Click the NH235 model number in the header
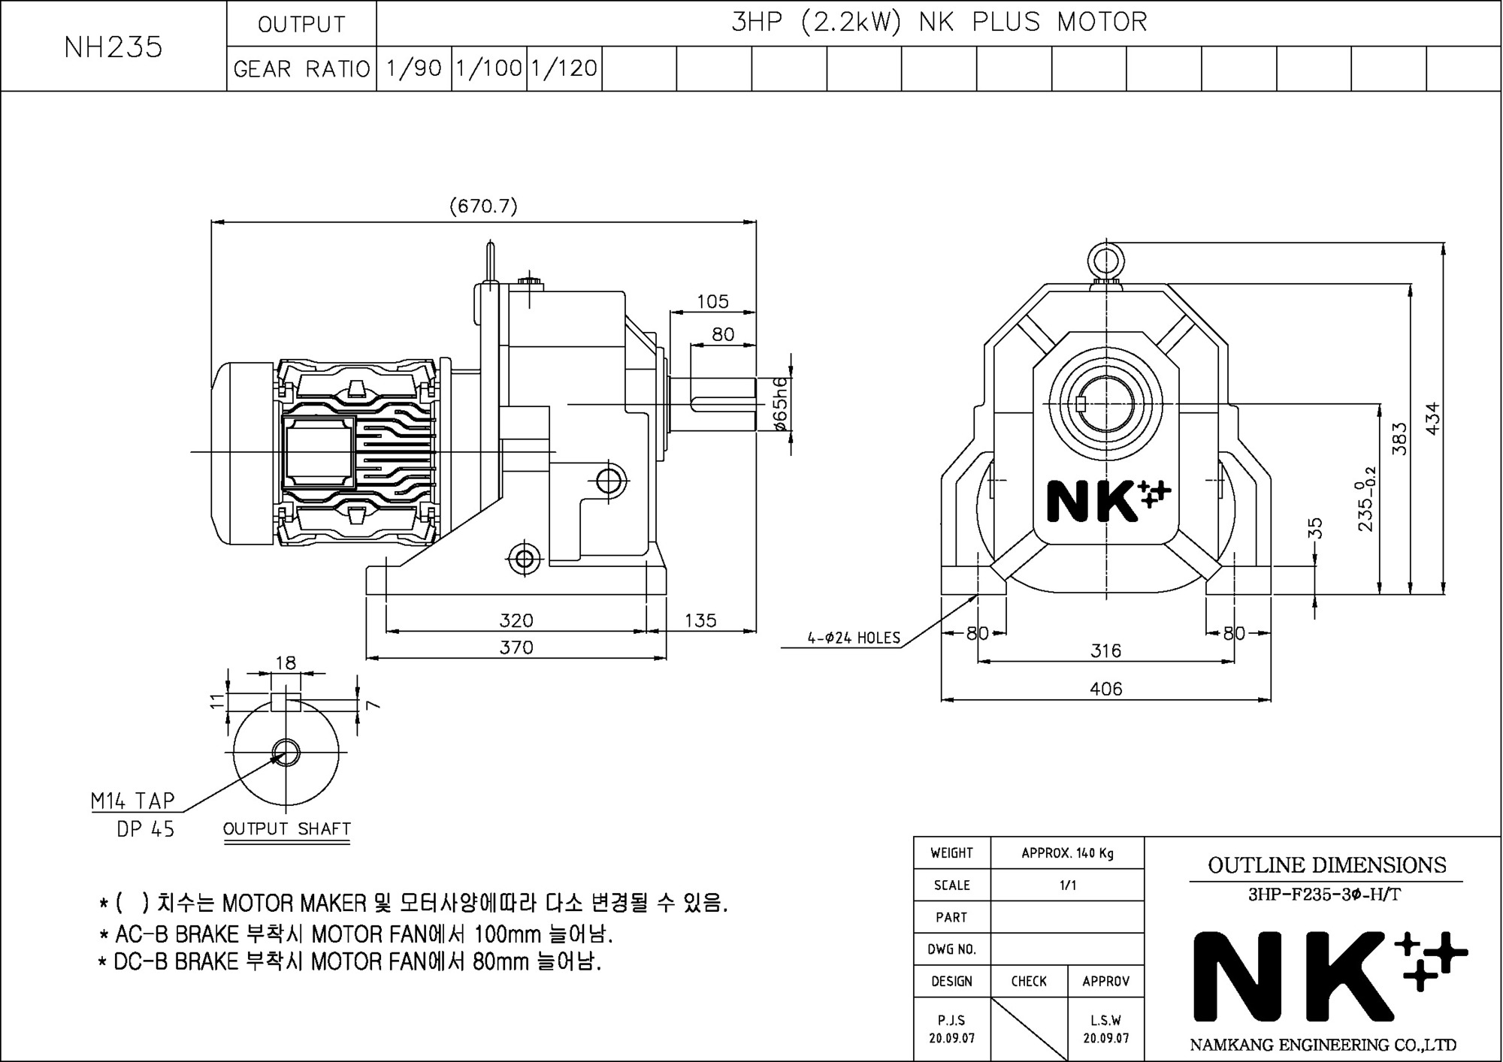click(x=113, y=47)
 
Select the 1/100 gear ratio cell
click(x=489, y=68)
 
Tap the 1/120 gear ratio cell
click(x=564, y=68)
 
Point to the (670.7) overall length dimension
click(x=483, y=206)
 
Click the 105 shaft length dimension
click(x=712, y=301)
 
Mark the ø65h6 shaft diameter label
click(x=781, y=404)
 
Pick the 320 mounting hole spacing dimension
click(x=516, y=620)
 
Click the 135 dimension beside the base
click(x=700, y=620)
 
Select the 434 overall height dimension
click(x=1432, y=418)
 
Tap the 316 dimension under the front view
click(x=1105, y=650)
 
